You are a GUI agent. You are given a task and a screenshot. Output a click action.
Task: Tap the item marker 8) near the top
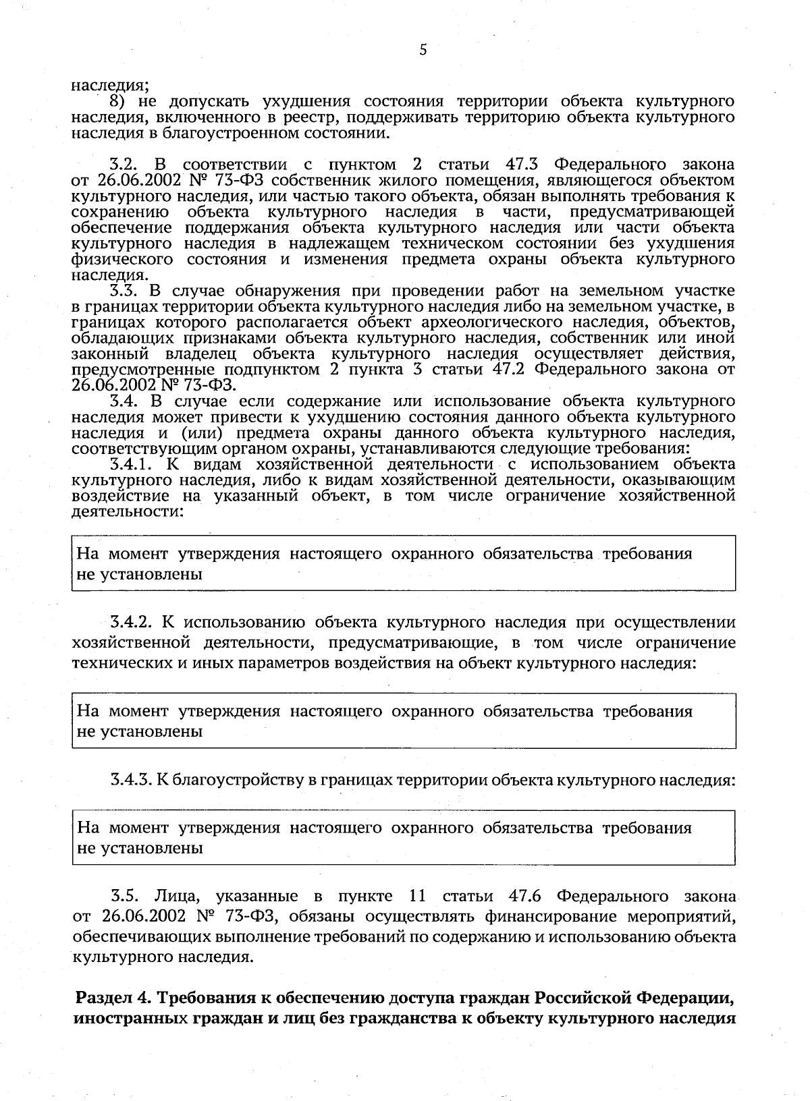pos(120,102)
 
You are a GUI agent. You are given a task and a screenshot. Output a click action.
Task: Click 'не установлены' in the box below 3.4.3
pos(140,849)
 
